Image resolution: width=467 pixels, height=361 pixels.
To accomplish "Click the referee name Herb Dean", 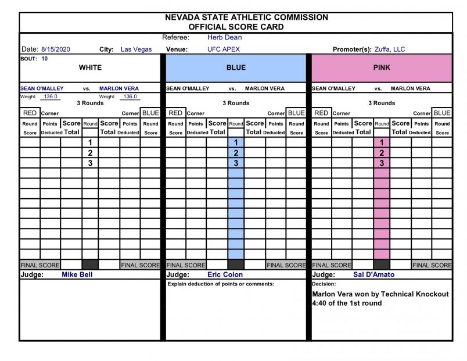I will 220,37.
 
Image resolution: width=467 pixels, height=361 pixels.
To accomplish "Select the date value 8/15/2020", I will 55,49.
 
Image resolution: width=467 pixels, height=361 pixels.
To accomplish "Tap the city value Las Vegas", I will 136,49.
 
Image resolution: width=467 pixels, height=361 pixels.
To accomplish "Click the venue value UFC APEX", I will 223,49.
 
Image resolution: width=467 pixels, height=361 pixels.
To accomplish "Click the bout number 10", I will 45,59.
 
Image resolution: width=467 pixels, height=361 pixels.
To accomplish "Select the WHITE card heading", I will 90,67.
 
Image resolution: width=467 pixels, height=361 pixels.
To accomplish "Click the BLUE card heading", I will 236,67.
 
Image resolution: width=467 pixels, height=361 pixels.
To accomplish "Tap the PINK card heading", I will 382,67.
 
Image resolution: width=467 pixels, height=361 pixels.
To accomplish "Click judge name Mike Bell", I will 77,274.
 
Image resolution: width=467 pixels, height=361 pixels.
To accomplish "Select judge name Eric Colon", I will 225,274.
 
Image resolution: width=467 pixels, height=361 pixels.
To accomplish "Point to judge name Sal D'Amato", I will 372,274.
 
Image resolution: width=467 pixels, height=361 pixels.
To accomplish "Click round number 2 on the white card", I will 90,153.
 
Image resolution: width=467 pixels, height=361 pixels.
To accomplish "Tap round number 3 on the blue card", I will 236,163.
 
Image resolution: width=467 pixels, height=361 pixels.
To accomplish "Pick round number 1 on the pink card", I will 382,142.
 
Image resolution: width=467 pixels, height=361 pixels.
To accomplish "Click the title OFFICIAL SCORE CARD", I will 236,27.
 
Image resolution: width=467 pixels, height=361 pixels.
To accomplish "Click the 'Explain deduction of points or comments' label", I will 220,284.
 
